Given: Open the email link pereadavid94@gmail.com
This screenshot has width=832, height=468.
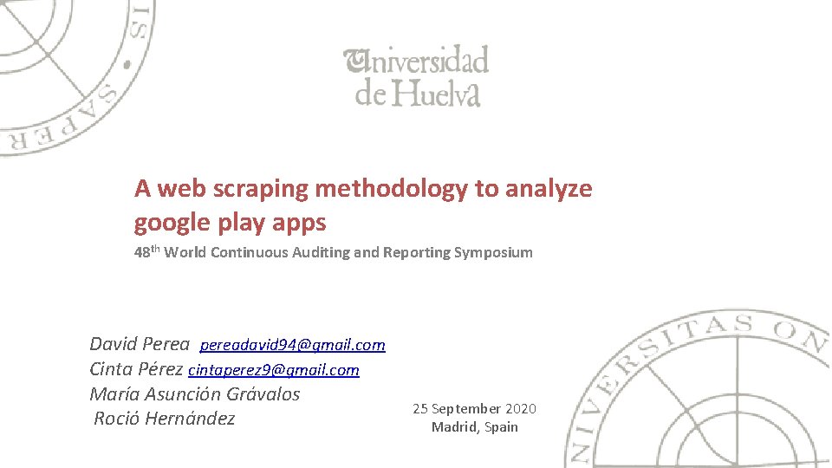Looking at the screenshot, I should pos(292,345).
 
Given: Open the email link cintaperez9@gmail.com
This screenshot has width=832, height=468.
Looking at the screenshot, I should pos(273,370).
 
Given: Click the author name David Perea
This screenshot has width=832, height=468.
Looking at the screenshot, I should pos(140,344).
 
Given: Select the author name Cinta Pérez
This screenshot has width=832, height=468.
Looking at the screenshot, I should pos(136,369).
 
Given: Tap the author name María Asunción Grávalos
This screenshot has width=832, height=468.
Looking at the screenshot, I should pos(195,393).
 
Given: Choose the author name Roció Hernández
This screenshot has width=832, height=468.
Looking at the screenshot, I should pos(164,419).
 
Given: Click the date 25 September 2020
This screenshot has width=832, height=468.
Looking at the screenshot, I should pos(474,408).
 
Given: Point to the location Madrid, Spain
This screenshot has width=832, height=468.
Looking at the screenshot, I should pos(474,426).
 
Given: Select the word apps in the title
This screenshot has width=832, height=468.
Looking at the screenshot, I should pos(299,223).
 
